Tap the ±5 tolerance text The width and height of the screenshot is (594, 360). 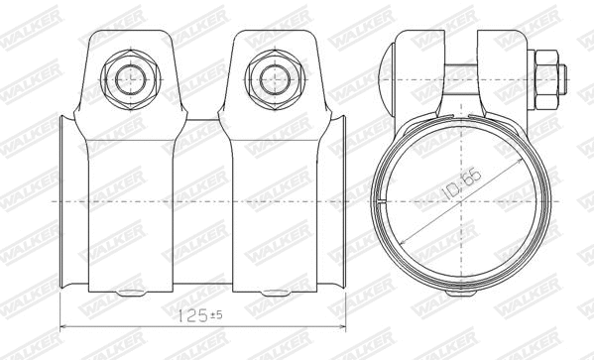tap(216, 316)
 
